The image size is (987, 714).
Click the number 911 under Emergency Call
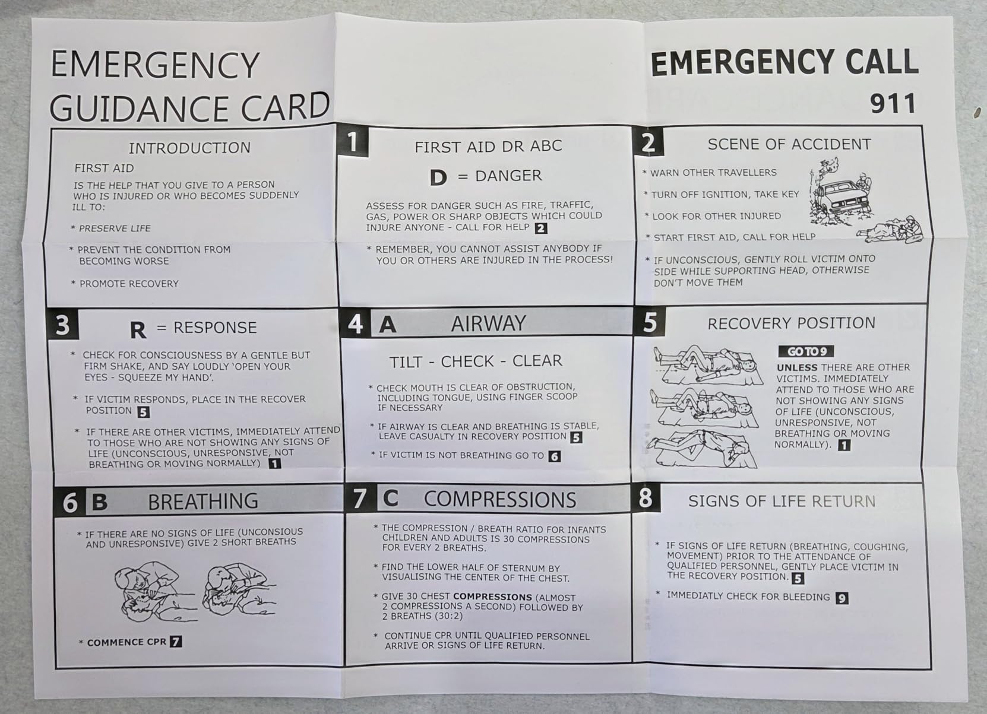[893, 104]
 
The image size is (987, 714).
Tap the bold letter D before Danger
[438, 177]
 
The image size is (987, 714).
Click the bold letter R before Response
[138, 330]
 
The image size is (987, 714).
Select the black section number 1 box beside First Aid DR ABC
[353, 141]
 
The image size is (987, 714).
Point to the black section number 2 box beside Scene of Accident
[648, 142]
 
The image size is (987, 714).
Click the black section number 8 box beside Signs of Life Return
[646, 498]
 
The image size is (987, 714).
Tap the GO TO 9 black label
[806, 351]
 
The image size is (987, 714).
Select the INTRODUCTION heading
[189, 148]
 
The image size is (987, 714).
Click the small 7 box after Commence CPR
[176, 642]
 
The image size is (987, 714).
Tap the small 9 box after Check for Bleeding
[842, 598]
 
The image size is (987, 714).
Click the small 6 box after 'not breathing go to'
[554, 456]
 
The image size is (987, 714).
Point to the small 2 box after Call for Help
[541, 228]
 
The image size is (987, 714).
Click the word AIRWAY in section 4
[488, 323]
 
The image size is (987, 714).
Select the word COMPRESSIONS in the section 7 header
[499, 500]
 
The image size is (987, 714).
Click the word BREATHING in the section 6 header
[203, 502]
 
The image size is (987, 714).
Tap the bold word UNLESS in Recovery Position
[797, 367]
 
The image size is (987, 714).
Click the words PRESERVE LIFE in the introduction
[115, 229]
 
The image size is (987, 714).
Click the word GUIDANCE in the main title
[141, 109]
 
